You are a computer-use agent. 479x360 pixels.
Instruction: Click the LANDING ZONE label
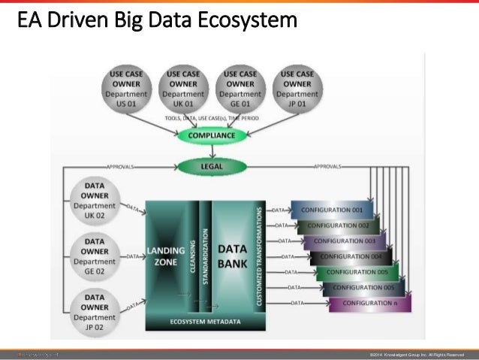click(x=162, y=256)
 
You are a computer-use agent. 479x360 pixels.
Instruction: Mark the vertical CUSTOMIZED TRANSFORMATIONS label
click(x=260, y=255)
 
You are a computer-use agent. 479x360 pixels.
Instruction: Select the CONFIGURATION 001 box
click(x=330, y=210)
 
